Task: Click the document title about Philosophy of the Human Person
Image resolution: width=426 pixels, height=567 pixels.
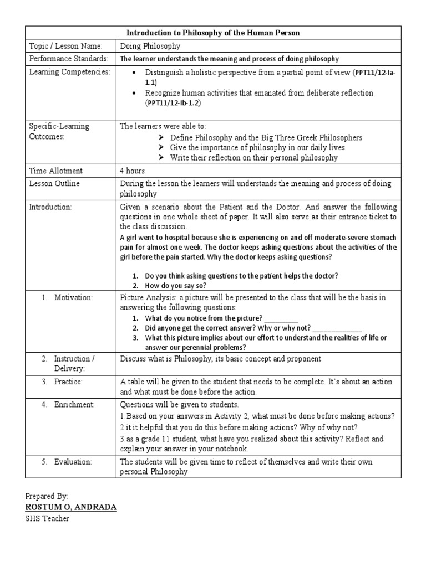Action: pyautogui.click(x=213, y=33)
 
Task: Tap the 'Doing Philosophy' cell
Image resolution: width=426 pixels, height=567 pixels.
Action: pyautogui.click(x=150, y=46)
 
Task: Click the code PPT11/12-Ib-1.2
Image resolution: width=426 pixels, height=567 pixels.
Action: pyautogui.click(x=173, y=104)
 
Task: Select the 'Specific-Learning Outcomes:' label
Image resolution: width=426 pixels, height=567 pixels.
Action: pyautogui.click(x=59, y=132)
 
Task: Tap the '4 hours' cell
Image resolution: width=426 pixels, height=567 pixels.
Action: pyautogui.click(x=134, y=171)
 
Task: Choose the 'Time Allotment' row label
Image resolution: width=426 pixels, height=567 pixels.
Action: pyautogui.click(x=55, y=171)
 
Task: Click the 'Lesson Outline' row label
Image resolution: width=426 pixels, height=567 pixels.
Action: pyautogui.click(x=54, y=184)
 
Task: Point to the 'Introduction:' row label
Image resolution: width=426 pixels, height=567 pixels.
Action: pyautogui.click(x=50, y=207)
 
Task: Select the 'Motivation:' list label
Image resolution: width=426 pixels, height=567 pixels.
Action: pyautogui.click(x=73, y=298)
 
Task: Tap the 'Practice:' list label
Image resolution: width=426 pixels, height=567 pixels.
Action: pyautogui.click(x=68, y=382)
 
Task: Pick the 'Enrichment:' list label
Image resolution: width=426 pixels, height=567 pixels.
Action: pyautogui.click(x=74, y=405)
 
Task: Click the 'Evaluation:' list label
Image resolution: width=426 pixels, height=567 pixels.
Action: pyautogui.click(x=73, y=461)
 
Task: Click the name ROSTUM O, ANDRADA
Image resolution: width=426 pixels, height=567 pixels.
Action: pyautogui.click(x=71, y=507)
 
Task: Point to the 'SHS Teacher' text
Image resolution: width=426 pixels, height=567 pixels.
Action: pyautogui.click(x=48, y=519)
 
